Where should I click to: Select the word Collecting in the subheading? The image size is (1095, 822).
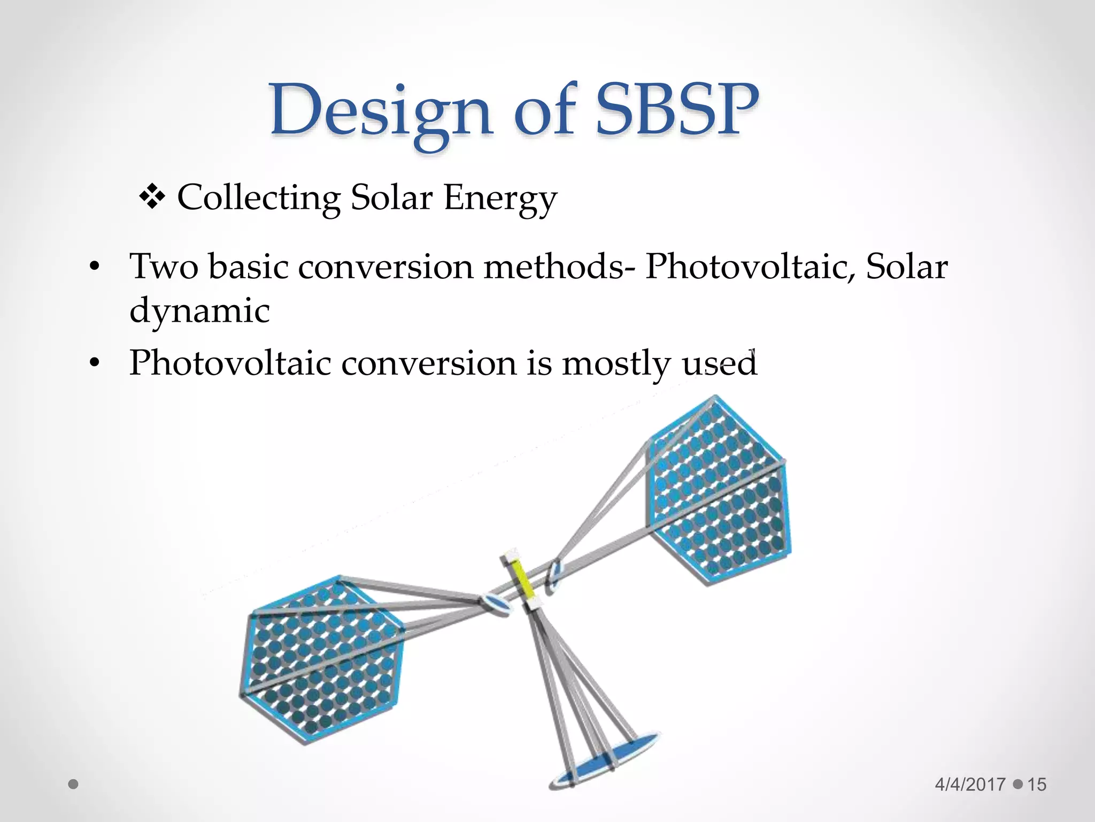[x=259, y=197]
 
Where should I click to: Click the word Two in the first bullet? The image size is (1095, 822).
[x=164, y=266]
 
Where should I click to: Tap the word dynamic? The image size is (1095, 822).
[x=199, y=310]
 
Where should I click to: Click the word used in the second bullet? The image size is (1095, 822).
[x=720, y=363]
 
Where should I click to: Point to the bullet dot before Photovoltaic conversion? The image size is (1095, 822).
[x=95, y=363]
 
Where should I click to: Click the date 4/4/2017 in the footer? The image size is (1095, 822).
[x=970, y=785]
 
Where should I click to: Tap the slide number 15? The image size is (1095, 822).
[x=1036, y=785]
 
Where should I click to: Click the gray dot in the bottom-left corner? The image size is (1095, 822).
[x=74, y=785]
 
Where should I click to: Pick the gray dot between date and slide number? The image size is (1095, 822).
[x=1017, y=785]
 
